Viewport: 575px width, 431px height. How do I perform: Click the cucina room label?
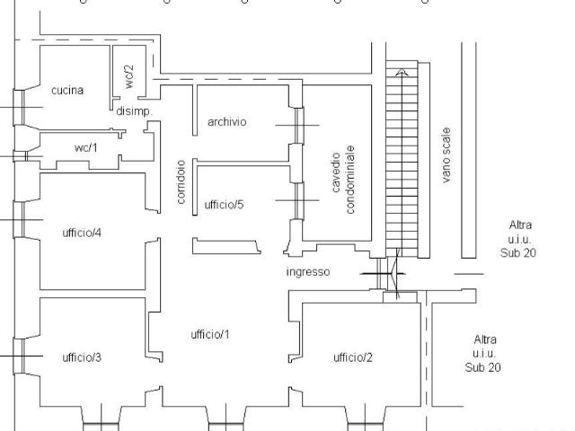67,90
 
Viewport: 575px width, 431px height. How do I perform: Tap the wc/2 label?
129,76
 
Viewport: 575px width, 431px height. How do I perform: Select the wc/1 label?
86,147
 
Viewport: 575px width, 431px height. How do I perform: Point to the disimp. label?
134,111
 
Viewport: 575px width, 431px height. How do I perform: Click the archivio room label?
227,122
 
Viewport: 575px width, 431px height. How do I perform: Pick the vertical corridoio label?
181,181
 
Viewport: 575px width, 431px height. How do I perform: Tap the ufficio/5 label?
224,205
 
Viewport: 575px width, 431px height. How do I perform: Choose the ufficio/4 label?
82,233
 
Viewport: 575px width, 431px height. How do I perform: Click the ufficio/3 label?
82,357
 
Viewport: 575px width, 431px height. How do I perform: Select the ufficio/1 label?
210,334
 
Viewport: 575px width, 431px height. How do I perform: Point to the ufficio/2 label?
353,357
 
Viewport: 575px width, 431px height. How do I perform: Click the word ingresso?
308,272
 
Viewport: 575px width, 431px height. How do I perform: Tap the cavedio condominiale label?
343,180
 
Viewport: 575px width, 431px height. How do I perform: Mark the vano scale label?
446,155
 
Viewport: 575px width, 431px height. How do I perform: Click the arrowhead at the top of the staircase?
402,72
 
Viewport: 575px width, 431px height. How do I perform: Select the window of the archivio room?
299,126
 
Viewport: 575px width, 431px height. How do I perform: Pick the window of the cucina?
19,107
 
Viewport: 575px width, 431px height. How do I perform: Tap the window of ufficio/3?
19,356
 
